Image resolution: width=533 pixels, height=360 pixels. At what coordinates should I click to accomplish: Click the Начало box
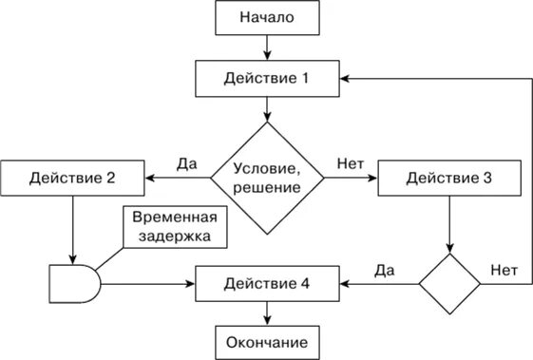[267, 18]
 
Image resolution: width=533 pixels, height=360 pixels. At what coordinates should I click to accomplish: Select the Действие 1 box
[267, 78]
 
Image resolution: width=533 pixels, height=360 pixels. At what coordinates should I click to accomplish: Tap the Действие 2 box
[72, 178]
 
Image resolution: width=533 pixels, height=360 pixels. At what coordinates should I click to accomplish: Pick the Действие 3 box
[449, 178]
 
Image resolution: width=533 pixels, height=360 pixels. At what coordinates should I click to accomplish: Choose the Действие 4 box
[267, 283]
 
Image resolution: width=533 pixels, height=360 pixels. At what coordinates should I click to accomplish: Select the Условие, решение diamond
[267, 178]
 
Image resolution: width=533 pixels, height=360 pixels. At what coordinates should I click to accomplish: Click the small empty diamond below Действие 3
[449, 283]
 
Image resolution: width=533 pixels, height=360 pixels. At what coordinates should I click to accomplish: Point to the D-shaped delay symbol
[72, 283]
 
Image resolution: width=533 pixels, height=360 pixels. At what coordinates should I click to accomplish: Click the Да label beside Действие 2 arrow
[186, 162]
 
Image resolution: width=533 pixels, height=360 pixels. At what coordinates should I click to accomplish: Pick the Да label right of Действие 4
[384, 269]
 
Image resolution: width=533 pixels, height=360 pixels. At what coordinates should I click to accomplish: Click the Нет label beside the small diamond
[504, 269]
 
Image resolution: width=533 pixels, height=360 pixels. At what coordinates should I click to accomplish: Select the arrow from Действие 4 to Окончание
[267, 312]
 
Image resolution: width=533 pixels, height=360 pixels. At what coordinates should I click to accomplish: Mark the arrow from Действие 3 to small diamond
[449, 223]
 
